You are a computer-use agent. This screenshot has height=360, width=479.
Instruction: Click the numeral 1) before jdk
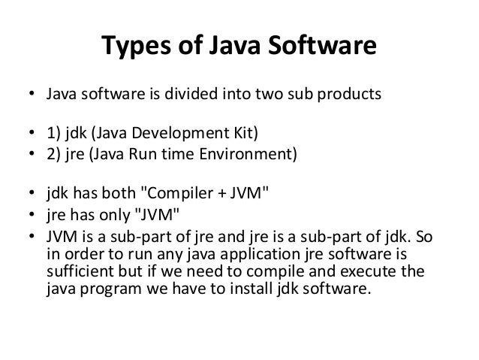click(x=55, y=135)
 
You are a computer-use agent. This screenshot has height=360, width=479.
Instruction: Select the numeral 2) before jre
click(x=55, y=156)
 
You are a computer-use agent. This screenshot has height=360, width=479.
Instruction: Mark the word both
click(x=115, y=195)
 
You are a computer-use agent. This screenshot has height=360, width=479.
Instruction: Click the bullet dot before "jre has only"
click(x=31, y=215)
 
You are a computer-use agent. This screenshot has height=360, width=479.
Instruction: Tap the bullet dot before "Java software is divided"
click(x=31, y=97)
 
